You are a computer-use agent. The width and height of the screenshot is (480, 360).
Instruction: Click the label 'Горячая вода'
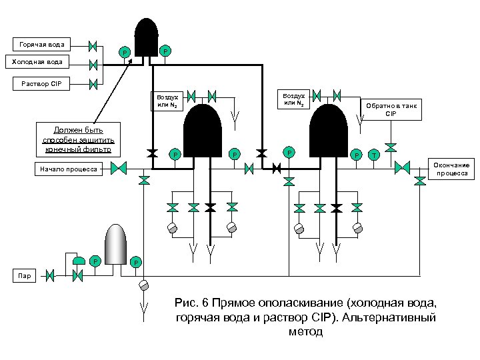point(41,45)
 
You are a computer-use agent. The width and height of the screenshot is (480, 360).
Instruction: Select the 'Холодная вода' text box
point(38,63)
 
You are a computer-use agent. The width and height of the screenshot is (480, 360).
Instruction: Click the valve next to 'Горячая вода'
point(93,46)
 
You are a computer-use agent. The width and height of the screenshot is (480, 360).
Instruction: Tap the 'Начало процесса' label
point(68,170)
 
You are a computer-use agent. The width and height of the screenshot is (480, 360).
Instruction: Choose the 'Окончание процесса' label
point(453,169)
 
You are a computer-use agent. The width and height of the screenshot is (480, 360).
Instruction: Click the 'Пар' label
point(24,275)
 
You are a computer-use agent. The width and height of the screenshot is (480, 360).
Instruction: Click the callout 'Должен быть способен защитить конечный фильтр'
point(79,139)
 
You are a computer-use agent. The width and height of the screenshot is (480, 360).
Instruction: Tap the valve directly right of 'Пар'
point(49,275)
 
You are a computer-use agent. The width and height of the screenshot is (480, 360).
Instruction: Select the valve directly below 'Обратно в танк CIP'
point(391,146)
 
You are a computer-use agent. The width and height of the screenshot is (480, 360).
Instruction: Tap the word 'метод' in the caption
point(307,331)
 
